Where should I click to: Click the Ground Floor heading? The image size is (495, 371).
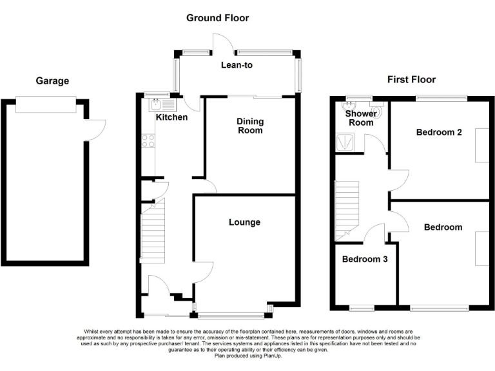pos(217,18)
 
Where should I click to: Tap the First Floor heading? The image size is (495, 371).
pos(411,80)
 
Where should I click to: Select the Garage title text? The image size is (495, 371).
pos(52,81)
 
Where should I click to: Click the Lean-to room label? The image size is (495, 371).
pos(236,65)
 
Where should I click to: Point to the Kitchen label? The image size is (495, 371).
pos(172,117)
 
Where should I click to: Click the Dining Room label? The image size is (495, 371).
pos(249,126)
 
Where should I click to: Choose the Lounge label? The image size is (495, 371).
pos(244,222)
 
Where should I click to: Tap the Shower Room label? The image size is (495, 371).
pos(360,118)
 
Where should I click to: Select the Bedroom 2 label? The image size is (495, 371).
pos(439,133)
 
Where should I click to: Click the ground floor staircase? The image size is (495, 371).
pos(153,233)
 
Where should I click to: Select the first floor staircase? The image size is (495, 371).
pos(347,206)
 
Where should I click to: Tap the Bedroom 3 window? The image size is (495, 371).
pos(362,308)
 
